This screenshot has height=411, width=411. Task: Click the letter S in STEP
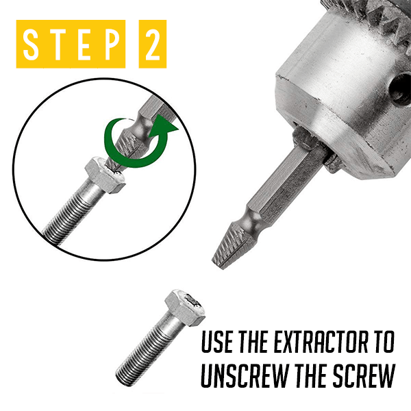pos(31,44)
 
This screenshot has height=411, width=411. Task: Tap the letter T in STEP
pos(58,44)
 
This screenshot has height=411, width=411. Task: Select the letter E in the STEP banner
pos(85,44)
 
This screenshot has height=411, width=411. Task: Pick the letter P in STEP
pos(111,44)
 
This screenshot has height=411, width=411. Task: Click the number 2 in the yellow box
pos(153,44)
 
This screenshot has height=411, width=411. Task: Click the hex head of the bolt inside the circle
pos(104,175)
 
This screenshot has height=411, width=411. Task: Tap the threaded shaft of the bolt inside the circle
pos(71,214)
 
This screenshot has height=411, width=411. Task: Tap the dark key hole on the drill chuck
pos(400,89)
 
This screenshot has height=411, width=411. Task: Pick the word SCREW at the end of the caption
pos(364,376)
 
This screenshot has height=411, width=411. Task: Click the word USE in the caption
pos(217,342)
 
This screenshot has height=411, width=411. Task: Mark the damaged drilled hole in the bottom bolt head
pos(193,301)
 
